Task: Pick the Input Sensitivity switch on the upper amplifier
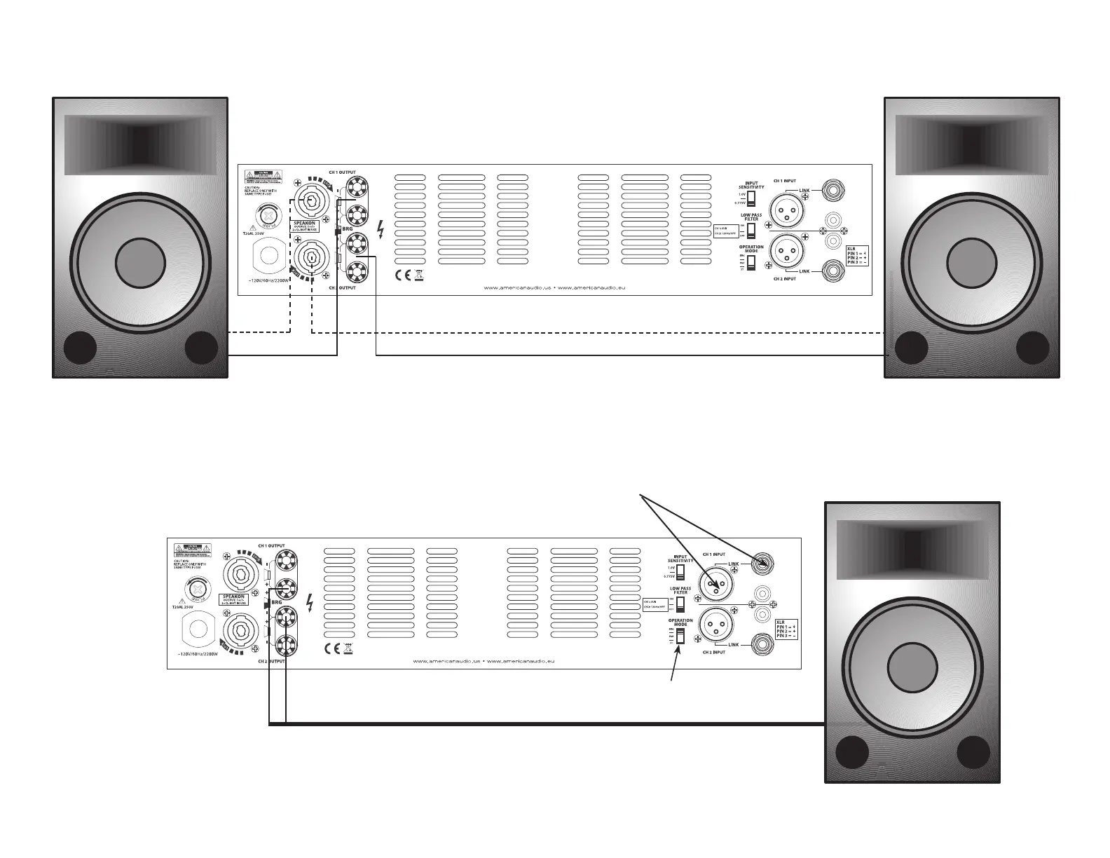[751, 198]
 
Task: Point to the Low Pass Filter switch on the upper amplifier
[751, 230]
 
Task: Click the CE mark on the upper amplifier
[402, 275]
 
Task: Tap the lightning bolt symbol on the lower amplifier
[310, 604]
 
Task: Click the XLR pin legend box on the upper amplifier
[861, 254]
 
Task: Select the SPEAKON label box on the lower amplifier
[238, 599]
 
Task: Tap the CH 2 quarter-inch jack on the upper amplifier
[834, 269]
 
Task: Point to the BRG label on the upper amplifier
[347, 229]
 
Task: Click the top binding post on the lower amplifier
[285, 562]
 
